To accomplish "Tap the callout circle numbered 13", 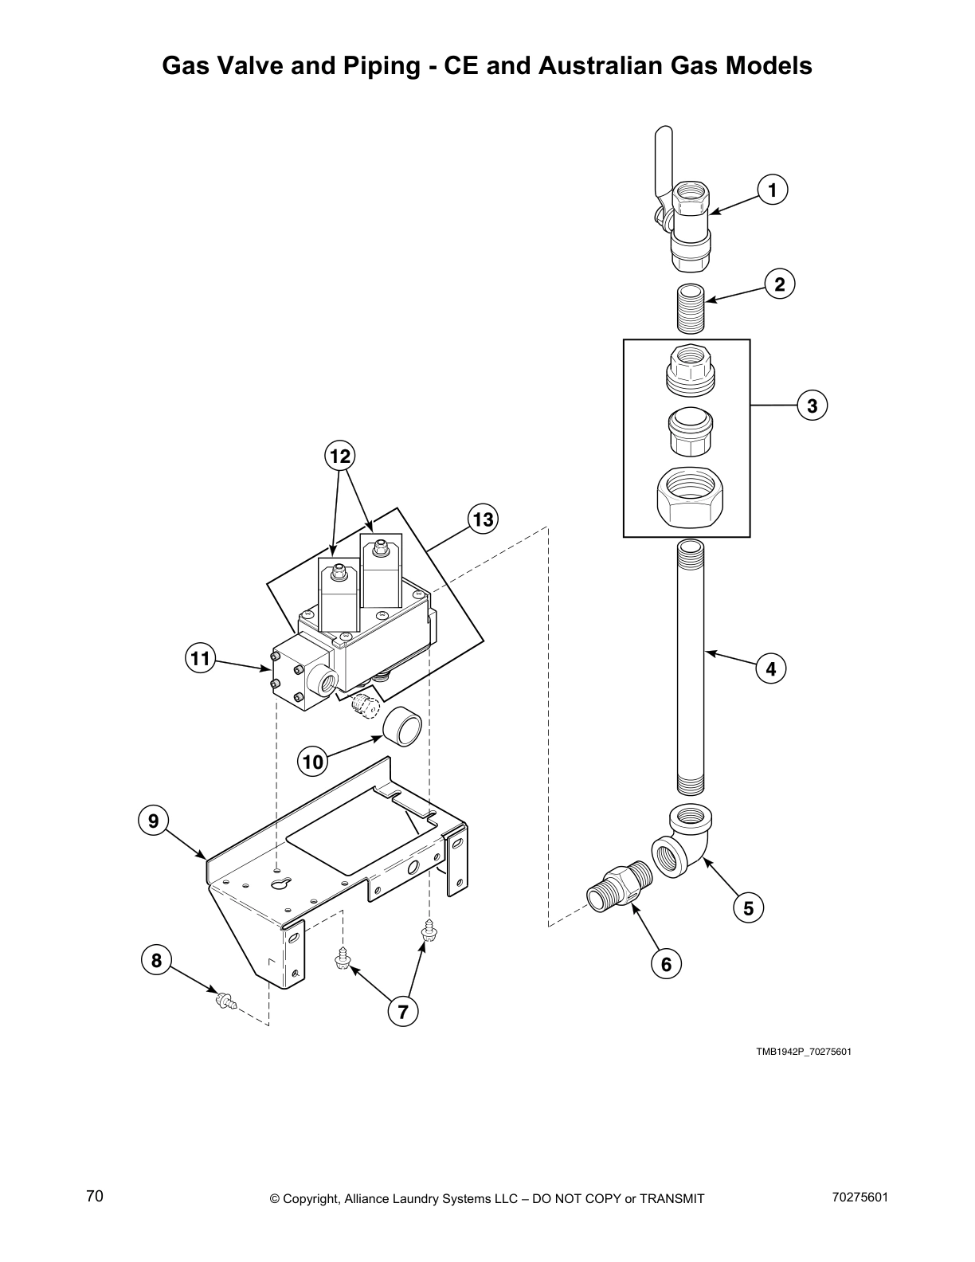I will click(482, 520).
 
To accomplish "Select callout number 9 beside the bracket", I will click(153, 820).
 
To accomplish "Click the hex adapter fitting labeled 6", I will click(621, 885).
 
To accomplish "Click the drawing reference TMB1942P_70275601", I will click(803, 1052).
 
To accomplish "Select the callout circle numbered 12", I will click(339, 457).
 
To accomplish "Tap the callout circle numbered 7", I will click(402, 1012).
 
